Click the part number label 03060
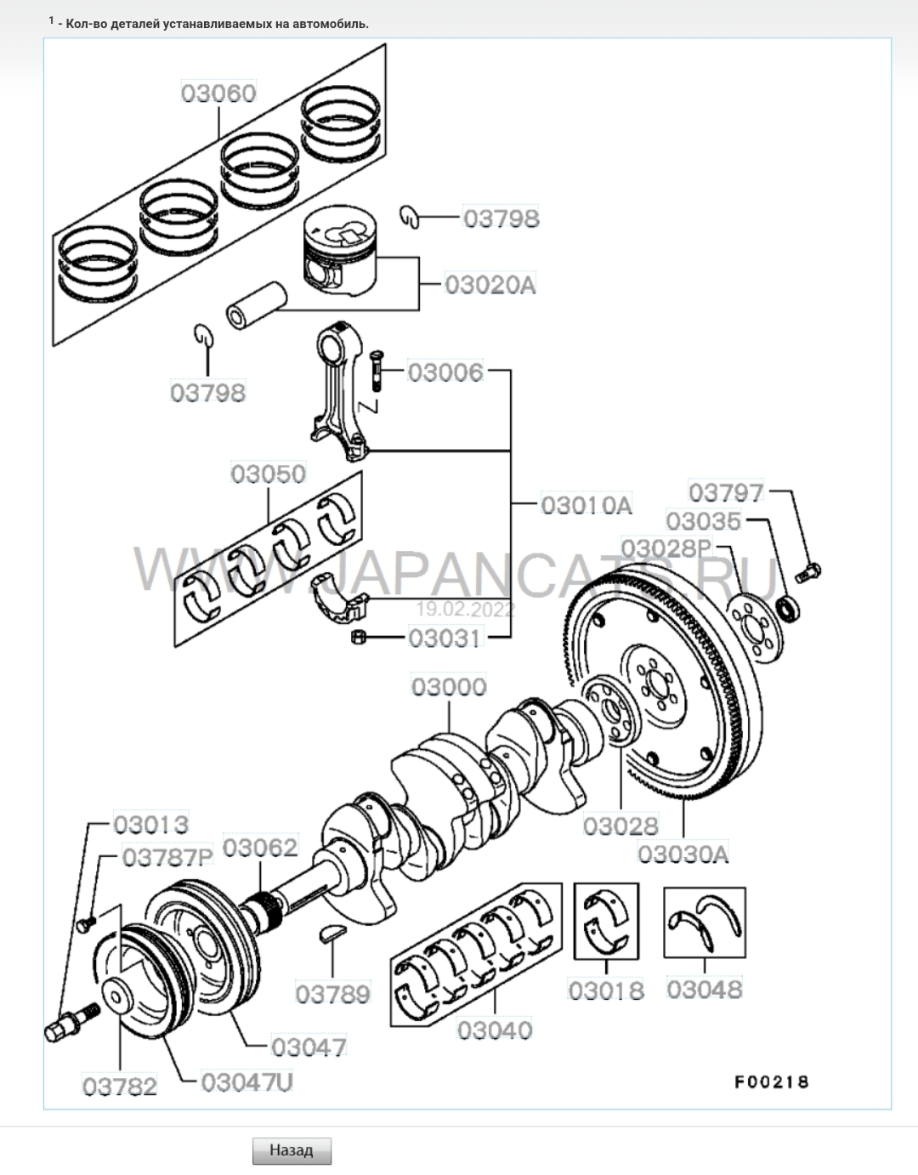[x=218, y=93]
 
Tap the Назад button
[x=292, y=1150]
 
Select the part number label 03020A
[x=490, y=284]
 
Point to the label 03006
[x=445, y=372]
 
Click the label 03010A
[x=586, y=505]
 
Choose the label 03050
[x=269, y=474]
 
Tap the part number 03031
[x=445, y=638]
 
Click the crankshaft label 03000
[x=449, y=686]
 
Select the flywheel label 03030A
[x=683, y=853]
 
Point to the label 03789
[x=333, y=993]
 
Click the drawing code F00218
[x=772, y=1081]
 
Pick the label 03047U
[x=247, y=1082]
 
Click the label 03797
[x=726, y=492]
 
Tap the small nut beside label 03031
[x=358, y=637]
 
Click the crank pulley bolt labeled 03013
[x=71, y=1021]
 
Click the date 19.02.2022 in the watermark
[x=465, y=610]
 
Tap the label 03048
[x=705, y=989]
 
